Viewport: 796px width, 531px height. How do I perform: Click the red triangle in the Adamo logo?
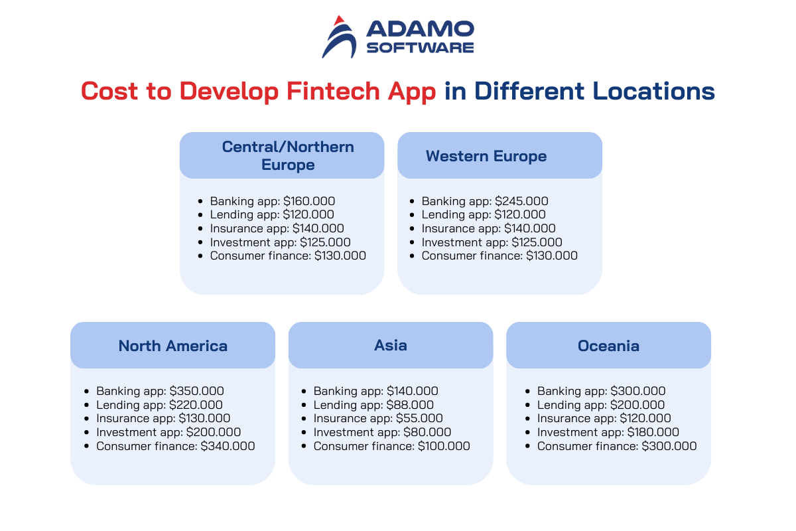pyautogui.click(x=340, y=21)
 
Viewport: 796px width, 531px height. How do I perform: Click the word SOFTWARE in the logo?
pyautogui.click(x=420, y=48)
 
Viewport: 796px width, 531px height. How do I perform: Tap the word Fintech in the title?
pyautogui.click(x=333, y=91)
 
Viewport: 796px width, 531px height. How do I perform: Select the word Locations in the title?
pyautogui.click(x=653, y=91)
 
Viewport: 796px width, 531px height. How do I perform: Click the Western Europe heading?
pyautogui.click(x=486, y=156)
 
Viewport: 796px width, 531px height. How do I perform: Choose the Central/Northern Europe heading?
pyautogui.click(x=288, y=156)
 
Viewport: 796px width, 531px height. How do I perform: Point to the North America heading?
pyautogui.click(x=172, y=346)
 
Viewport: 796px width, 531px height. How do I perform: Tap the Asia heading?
pyautogui.click(x=391, y=345)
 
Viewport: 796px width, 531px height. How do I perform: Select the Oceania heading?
pyautogui.click(x=608, y=346)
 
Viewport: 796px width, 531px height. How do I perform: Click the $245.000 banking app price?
pyautogui.click(x=521, y=201)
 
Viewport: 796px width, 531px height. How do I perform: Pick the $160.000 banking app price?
pyautogui.click(x=309, y=201)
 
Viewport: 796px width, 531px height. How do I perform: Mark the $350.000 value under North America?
pyautogui.click(x=196, y=391)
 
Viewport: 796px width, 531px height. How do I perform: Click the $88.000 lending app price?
pyautogui.click(x=410, y=405)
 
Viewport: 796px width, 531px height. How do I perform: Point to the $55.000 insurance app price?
pyautogui.click(x=419, y=418)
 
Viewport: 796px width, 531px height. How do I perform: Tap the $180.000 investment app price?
pyautogui.click(x=653, y=432)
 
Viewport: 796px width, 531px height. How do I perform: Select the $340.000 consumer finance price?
pyautogui.click(x=228, y=446)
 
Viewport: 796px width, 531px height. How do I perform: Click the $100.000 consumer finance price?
pyautogui.click(x=444, y=446)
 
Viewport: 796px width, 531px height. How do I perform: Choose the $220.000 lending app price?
pyautogui.click(x=196, y=405)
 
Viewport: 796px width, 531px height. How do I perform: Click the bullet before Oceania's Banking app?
pyautogui.click(x=527, y=391)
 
